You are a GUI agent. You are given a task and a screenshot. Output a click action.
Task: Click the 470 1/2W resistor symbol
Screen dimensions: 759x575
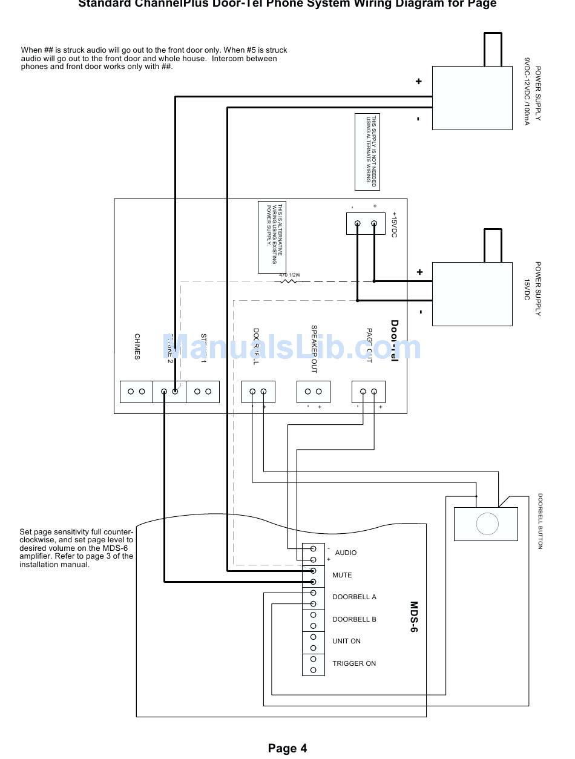pyautogui.click(x=289, y=281)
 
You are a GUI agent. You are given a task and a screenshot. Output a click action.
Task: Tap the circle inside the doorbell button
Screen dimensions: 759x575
pyautogui.click(x=487, y=524)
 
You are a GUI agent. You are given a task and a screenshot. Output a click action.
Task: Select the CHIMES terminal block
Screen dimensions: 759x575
pyautogui.click(x=136, y=392)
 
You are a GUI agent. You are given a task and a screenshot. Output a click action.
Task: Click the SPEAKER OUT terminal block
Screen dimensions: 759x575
pyautogui.click(x=313, y=392)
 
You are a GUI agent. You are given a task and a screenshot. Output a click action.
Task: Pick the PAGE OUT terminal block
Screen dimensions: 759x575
pyautogui.click(x=369, y=392)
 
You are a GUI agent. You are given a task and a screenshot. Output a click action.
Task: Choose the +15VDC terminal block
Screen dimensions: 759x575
pyautogui.click(x=366, y=223)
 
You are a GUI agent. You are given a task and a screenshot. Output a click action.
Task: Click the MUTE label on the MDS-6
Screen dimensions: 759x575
pyautogui.click(x=342, y=575)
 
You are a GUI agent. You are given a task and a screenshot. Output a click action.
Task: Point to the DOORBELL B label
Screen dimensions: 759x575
pyautogui.click(x=354, y=619)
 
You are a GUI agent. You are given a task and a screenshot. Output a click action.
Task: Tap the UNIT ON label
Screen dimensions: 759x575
pyautogui.click(x=346, y=641)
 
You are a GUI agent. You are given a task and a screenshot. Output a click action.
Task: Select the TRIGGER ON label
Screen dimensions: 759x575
pyautogui.click(x=354, y=663)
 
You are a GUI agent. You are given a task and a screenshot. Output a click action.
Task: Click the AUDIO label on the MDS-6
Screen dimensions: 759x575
pyautogui.click(x=346, y=553)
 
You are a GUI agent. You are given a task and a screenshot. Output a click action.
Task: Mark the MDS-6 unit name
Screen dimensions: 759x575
pyautogui.click(x=415, y=617)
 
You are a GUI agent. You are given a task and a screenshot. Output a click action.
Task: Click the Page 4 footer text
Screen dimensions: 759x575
pyautogui.click(x=287, y=749)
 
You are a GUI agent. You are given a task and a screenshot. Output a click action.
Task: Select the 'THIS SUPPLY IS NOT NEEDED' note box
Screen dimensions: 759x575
pyautogui.click(x=367, y=151)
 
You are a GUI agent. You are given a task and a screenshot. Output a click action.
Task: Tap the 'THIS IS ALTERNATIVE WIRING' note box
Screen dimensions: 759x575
pyautogui.click(x=272, y=237)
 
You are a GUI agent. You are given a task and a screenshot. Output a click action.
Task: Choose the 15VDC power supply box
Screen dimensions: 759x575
pyautogui.click(x=472, y=294)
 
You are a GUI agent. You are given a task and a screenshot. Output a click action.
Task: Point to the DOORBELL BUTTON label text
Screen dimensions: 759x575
pyautogui.click(x=540, y=521)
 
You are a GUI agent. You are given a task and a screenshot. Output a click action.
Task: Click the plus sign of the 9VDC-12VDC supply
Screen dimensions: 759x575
pyautogui.click(x=418, y=82)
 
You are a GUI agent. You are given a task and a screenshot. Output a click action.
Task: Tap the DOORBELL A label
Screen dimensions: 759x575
pyautogui.click(x=354, y=597)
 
